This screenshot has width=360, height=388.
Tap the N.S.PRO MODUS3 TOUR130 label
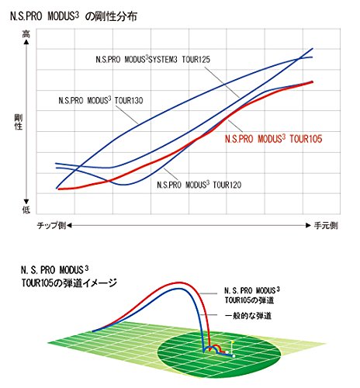[100, 100]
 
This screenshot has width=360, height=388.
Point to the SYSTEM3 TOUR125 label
[183, 59]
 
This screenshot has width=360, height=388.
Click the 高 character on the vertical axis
[26, 34]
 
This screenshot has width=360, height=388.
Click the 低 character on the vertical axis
[26, 210]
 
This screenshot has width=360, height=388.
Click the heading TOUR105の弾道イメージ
[68, 283]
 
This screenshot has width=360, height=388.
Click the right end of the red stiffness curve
[313, 81]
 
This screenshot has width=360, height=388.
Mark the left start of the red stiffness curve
[58, 189]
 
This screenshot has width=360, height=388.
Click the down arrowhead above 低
[26, 199]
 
